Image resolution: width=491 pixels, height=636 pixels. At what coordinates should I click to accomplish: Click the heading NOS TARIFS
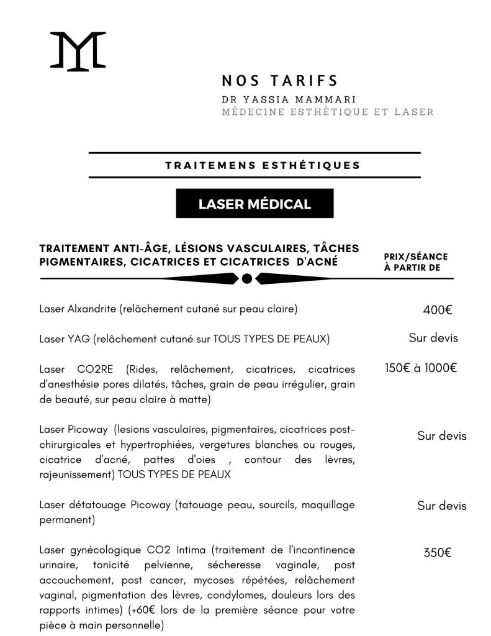(279, 81)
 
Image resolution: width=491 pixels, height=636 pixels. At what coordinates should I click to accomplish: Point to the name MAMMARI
(327, 99)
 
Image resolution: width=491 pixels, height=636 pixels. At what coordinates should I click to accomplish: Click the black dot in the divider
(246, 279)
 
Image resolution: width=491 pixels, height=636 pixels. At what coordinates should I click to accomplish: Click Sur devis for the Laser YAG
(433, 338)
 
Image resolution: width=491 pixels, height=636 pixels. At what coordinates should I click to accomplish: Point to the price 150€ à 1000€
(421, 368)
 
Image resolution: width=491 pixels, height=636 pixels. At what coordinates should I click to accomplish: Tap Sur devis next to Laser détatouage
(441, 506)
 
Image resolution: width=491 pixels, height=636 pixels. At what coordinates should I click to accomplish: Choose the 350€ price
(437, 552)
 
